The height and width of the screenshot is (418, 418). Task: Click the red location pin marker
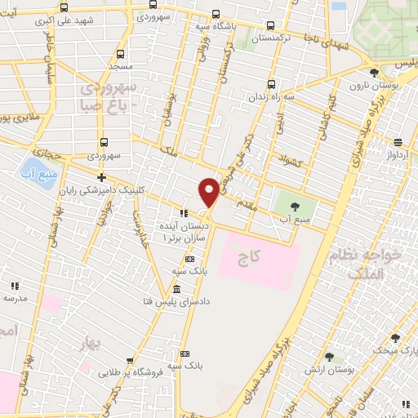point(209,191)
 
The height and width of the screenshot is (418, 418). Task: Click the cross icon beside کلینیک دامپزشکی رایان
point(101,177)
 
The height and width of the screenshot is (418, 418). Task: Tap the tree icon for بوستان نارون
point(375,72)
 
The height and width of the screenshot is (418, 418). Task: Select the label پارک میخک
point(400,349)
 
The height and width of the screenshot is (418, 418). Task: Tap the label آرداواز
point(398,153)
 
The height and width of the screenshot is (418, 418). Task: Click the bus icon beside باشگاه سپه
point(215,14)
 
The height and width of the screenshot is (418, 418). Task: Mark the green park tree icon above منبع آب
point(294,206)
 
